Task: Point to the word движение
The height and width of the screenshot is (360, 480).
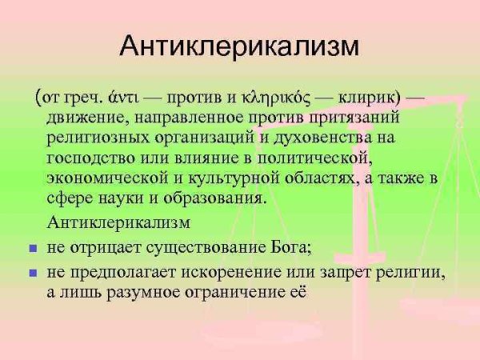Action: (86, 119)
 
